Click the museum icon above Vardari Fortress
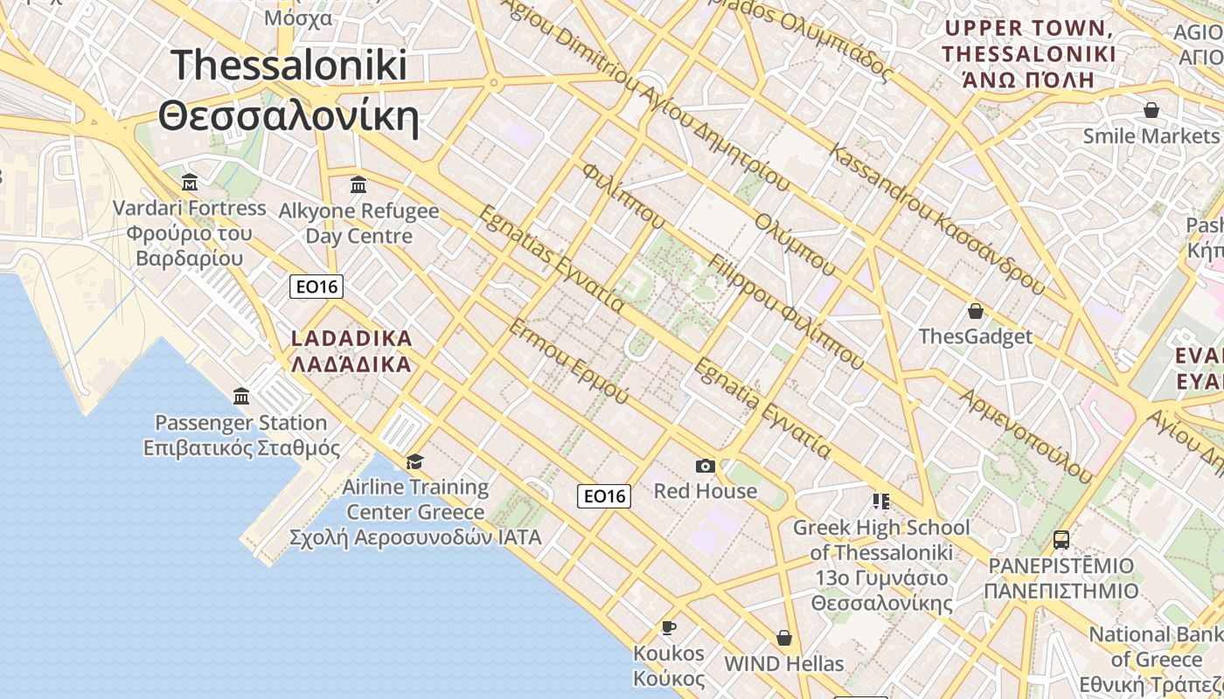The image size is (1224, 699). [190, 183]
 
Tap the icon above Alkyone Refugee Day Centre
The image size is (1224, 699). [358, 184]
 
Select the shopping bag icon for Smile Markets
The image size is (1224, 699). [1151, 110]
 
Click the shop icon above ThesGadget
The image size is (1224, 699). [976, 311]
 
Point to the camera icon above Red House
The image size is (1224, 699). [706, 466]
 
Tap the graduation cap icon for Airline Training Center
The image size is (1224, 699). [414, 461]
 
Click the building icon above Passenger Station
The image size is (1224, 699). [241, 397]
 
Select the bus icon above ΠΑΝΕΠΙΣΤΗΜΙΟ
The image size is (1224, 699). [1061, 540]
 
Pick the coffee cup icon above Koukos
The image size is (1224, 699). [669, 627]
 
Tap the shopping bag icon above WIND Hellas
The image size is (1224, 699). [784, 638]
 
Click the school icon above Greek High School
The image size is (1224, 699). [880, 502]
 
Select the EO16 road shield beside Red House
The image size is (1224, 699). [604, 496]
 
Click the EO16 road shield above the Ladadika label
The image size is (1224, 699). [316, 286]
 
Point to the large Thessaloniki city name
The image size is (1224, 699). [289, 90]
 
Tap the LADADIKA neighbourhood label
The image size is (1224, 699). [351, 350]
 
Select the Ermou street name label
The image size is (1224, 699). [568, 362]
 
